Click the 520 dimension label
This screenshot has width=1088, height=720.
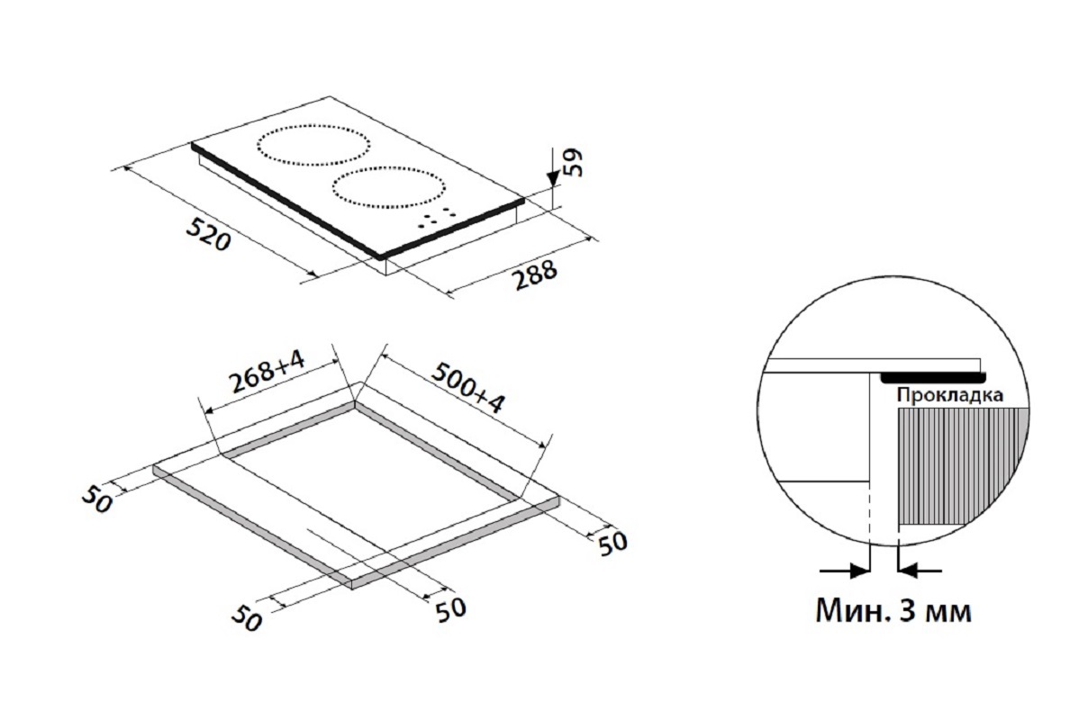[208, 235]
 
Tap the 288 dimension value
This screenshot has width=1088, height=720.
[535, 275]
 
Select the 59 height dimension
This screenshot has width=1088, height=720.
[572, 163]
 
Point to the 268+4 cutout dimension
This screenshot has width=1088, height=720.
[267, 372]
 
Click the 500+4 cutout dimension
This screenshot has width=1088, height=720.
[468, 387]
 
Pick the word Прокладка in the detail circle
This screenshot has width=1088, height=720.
[949, 395]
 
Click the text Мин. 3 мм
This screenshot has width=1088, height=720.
[893, 610]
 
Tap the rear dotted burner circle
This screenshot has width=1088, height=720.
[313, 125]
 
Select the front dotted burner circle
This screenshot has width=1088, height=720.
[389, 168]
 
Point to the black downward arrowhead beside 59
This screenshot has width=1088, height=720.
[552, 179]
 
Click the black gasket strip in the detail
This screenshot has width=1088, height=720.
[933, 377]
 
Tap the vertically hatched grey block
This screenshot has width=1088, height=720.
[963, 465]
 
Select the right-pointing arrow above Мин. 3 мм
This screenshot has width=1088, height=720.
[845, 571]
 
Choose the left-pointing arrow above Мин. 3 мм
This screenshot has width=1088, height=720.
[920, 571]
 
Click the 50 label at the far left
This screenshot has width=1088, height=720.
[97, 499]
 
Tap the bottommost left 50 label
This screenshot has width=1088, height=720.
[247, 619]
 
